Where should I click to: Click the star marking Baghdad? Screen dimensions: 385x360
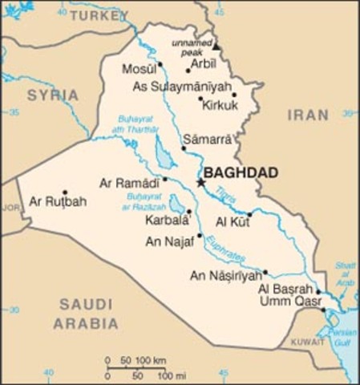coord(200,183)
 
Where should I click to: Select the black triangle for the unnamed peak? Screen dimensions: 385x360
coord(216,47)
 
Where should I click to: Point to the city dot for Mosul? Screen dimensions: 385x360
coord(160,64)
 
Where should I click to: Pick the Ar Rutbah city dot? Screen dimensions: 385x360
coord(65,192)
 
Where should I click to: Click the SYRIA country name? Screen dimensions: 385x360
coord(53,95)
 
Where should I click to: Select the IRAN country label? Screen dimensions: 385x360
coord(309,115)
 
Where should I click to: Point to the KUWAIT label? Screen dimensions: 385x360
coord(307,341)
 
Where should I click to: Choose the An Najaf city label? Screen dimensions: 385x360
coord(171,241)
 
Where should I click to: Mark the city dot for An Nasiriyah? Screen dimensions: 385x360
coord(265,271)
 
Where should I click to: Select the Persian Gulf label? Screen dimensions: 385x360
coord(342,337)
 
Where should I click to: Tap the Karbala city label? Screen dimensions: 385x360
coord(166,219)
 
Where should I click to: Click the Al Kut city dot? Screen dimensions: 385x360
coord(249,214)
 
